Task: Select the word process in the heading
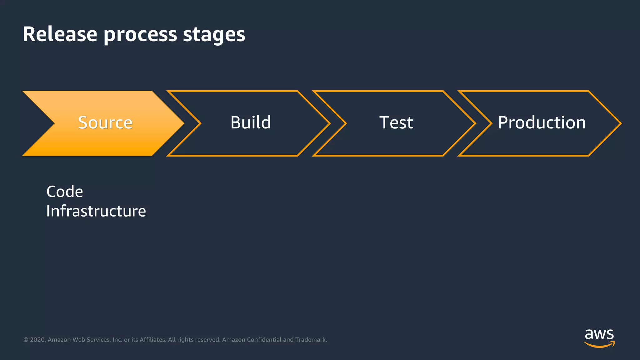coord(140,35)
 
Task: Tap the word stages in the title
coord(214,35)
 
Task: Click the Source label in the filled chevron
coord(105,122)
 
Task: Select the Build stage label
coord(251,122)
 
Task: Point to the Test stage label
coord(396,122)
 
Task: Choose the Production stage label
coord(542,122)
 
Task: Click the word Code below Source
coord(65,192)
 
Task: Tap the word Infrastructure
coord(96,211)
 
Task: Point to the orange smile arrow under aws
coord(599,345)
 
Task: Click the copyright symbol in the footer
coord(26,340)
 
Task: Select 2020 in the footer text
coord(37,340)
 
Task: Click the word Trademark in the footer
coord(311,340)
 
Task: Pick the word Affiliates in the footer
coord(153,340)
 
